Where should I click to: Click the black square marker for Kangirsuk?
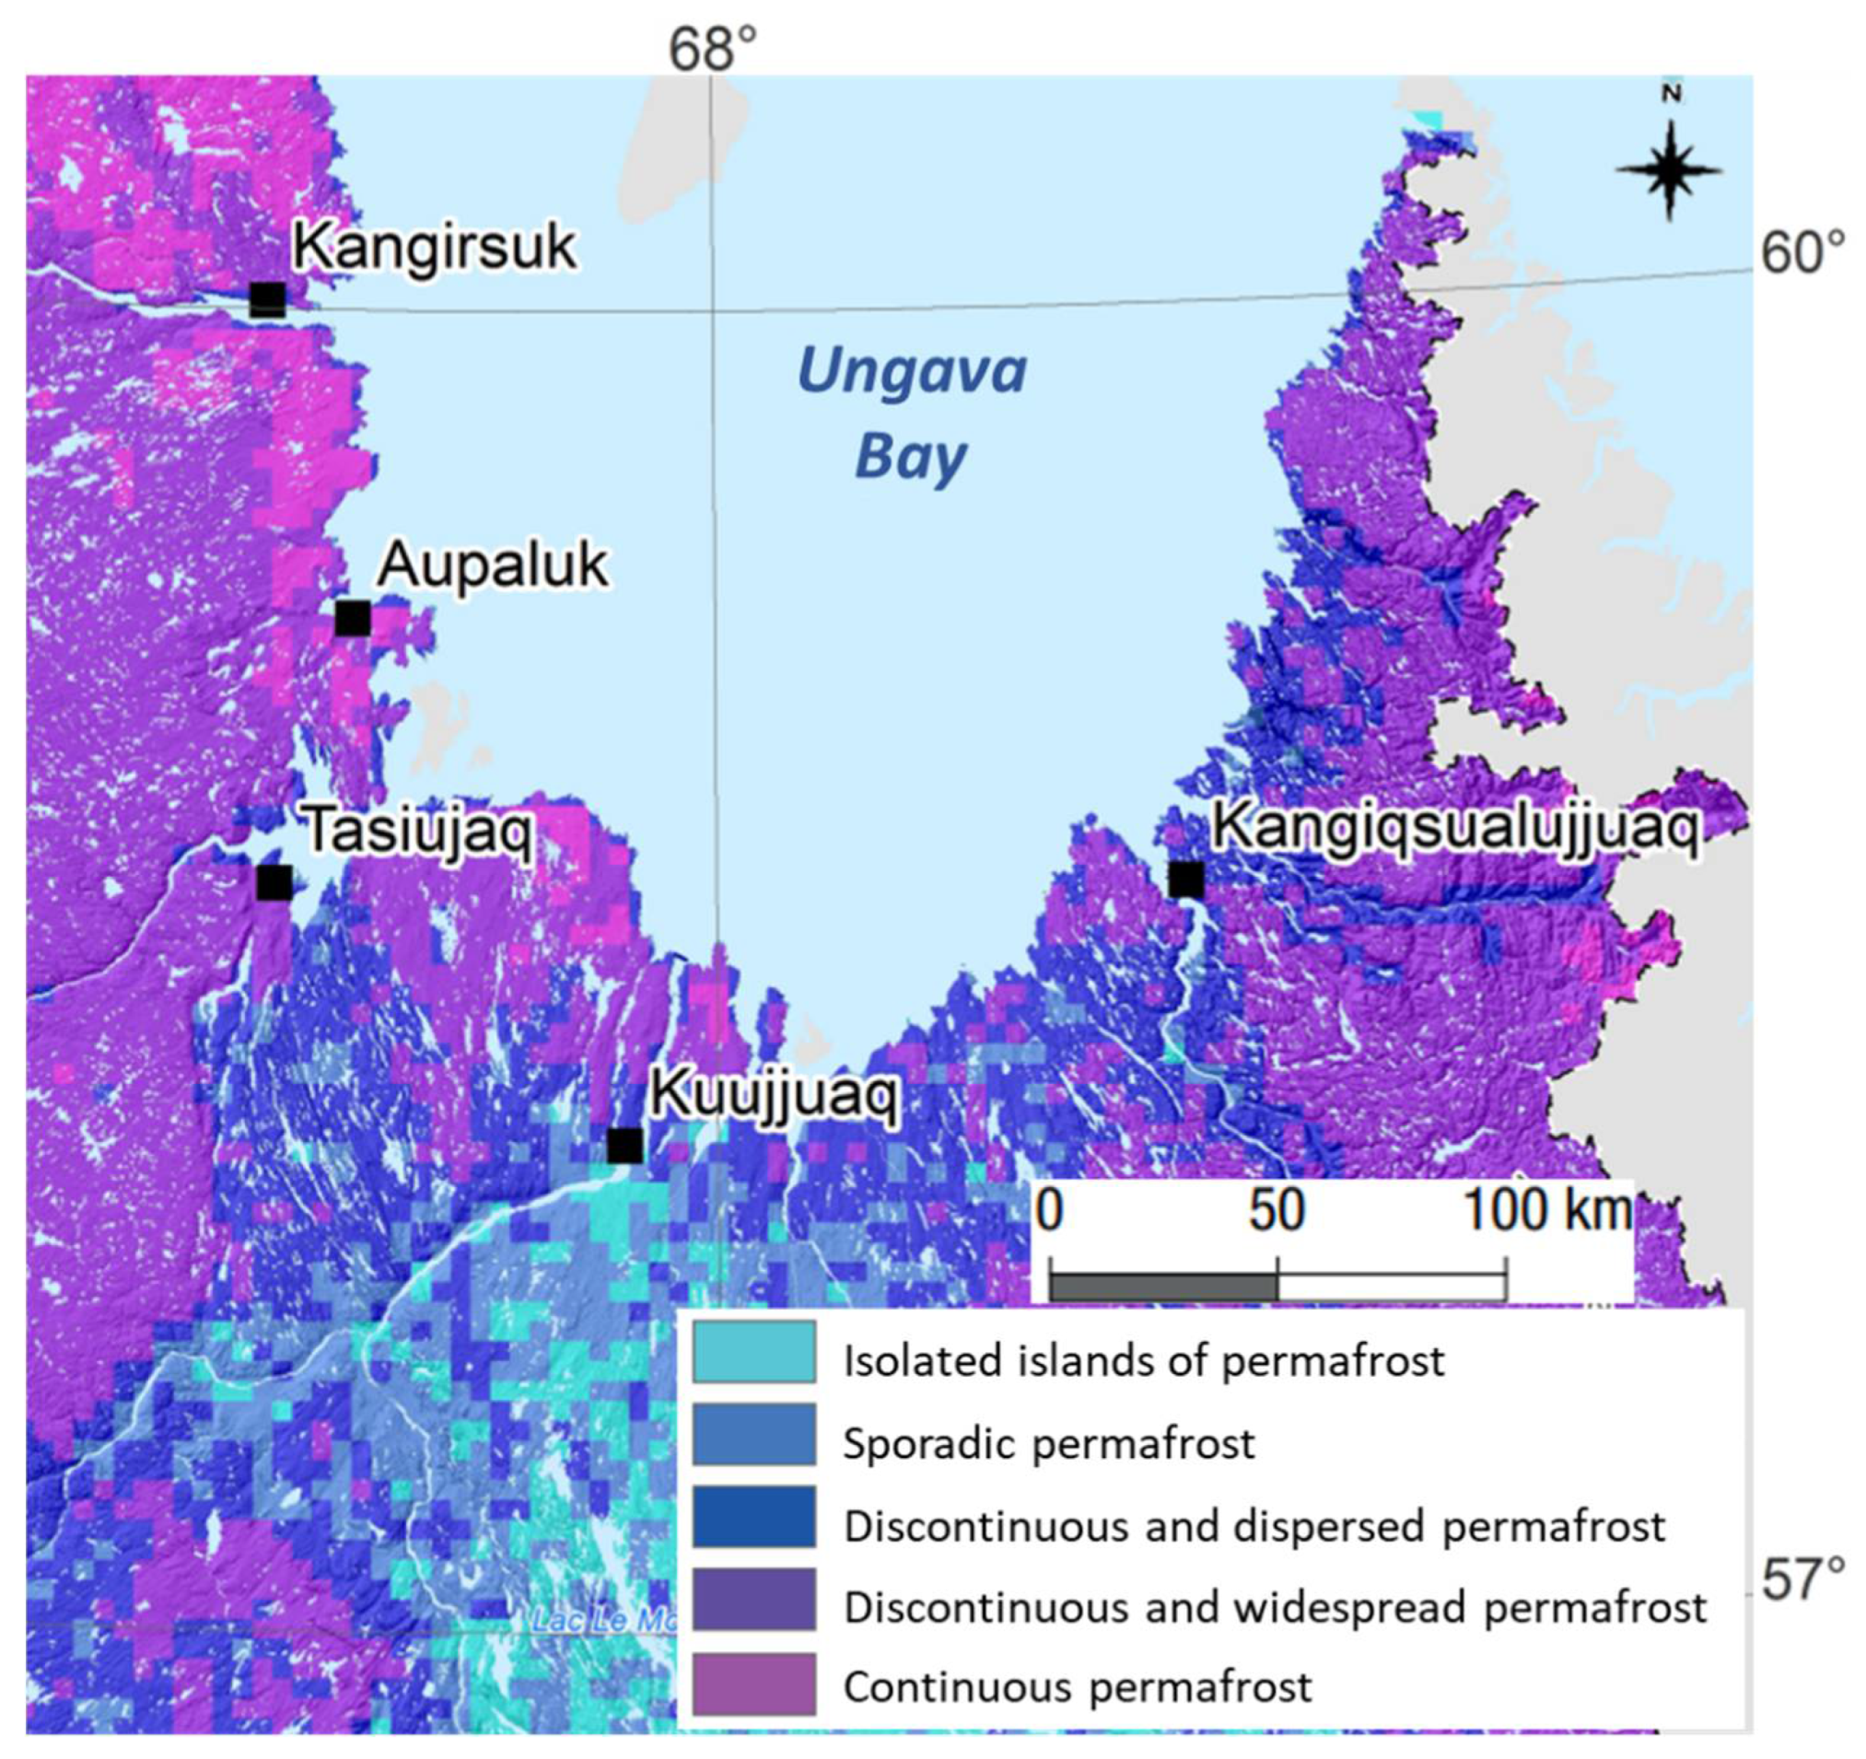(x=267, y=299)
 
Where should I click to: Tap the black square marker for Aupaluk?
(x=353, y=618)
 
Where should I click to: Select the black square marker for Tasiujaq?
(x=274, y=882)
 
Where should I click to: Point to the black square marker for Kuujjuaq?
(x=625, y=1146)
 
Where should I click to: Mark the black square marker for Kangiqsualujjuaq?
(x=1186, y=879)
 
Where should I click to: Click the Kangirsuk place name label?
(x=434, y=247)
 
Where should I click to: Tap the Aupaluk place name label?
(x=493, y=566)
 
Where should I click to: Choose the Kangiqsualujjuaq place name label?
(x=1455, y=828)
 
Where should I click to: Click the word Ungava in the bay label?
(x=912, y=371)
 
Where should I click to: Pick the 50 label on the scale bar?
(x=1277, y=1210)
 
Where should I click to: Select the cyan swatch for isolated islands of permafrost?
(x=753, y=1352)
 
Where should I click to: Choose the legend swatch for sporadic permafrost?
(x=753, y=1434)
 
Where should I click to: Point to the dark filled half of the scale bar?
(x=1164, y=1287)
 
